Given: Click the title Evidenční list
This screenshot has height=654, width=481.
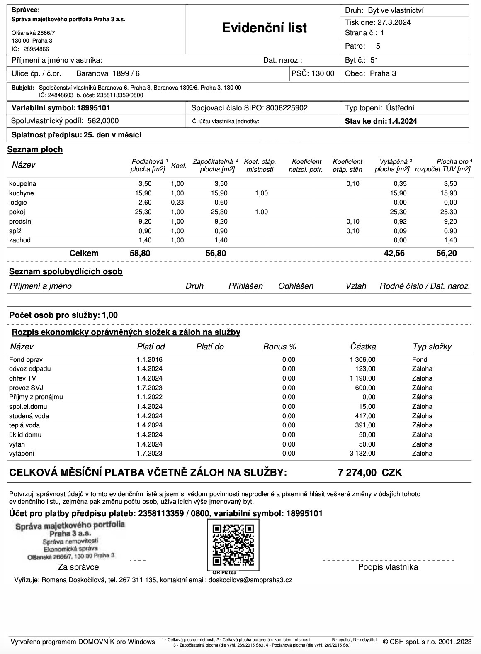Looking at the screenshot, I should pos(264,28).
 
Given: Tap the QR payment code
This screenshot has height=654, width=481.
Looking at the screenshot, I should pos(233,545).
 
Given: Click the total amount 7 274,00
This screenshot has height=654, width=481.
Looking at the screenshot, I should pos(357,472).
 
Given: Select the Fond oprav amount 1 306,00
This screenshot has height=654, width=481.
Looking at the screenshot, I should pos(362,359).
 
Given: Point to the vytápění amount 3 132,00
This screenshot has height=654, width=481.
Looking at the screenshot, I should pos(362,454).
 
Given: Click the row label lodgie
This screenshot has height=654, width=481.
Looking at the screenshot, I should pos(18,203).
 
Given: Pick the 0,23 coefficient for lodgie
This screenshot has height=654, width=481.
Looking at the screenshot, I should pos(177,203).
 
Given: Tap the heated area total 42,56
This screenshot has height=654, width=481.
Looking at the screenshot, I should pos(394,253).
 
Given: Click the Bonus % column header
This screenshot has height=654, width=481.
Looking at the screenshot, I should pos(279,347).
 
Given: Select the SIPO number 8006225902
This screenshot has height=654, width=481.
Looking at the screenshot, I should pos(287,108).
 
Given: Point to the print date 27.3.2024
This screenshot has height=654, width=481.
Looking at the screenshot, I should pos(394,22).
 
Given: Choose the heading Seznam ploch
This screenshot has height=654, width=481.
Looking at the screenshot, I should pos(35,149).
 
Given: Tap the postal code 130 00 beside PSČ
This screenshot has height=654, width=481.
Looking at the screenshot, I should pos(323,73).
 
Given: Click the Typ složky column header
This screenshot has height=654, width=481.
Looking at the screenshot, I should pos(432,347).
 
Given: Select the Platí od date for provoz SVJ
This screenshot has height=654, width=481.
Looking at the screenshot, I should pos(149,388).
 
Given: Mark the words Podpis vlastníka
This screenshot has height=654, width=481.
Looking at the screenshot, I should pos(388,567).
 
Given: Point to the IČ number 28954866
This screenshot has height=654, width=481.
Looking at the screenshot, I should pos(36,49).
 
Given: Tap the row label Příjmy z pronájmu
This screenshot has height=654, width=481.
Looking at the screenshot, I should pos(36,397).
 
